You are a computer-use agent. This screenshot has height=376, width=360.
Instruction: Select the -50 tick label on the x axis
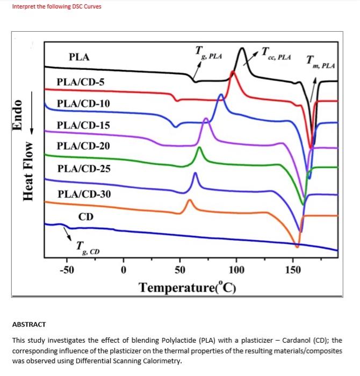click(x=66, y=269)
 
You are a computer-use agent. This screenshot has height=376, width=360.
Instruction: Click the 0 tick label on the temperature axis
click(x=124, y=269)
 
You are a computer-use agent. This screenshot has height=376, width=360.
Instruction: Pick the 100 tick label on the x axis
click(x=236, y=269)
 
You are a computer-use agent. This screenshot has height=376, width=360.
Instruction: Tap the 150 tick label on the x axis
click(x=293, y=269)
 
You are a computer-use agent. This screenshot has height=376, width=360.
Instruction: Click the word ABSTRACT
click(x=29, y=324)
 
